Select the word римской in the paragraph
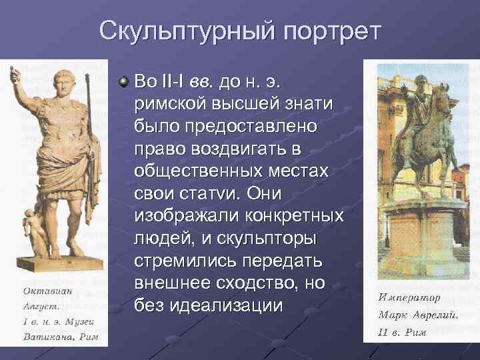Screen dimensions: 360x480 [172, 104]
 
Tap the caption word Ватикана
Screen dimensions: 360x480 [49, 337]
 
